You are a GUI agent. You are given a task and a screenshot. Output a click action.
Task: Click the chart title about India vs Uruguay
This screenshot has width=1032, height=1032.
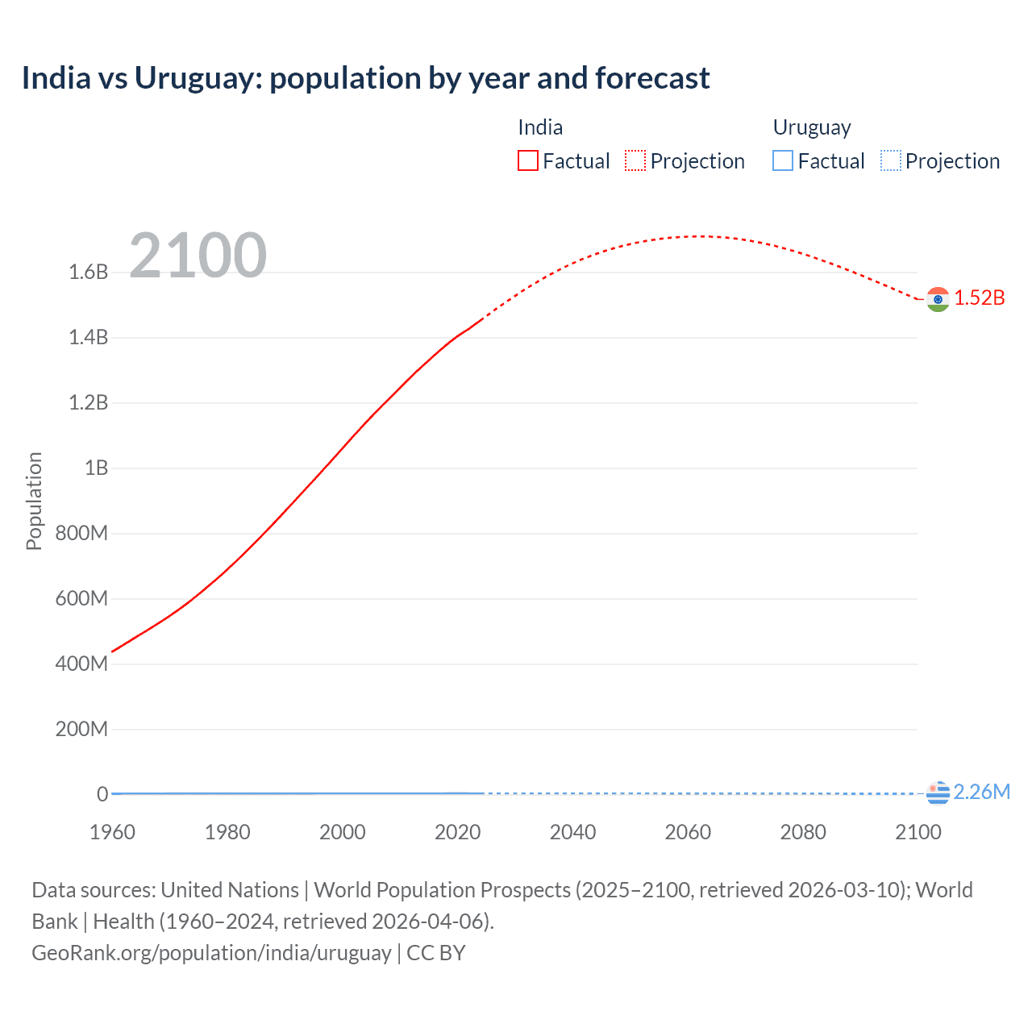click(365, 78)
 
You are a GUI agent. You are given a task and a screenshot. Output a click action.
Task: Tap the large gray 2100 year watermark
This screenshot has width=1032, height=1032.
click(198, 256)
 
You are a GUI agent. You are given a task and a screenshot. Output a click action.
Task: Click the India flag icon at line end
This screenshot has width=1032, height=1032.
click(938, 299)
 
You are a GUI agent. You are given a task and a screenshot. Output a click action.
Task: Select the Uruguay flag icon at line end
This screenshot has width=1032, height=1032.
click(938, 793)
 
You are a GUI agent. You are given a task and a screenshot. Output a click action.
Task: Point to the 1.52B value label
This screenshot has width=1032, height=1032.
click(980, 298)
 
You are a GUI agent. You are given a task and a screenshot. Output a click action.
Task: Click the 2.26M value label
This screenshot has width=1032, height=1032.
click(981, 792)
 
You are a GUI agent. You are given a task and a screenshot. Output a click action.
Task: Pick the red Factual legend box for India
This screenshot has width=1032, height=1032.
click(527, 161)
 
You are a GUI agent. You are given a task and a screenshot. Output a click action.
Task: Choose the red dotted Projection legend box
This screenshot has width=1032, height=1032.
click(635, 161)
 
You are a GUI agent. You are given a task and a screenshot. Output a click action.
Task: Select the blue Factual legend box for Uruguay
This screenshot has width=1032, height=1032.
click(783, 161)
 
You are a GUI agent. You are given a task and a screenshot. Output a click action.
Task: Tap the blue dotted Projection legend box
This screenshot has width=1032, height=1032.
click(890, 161)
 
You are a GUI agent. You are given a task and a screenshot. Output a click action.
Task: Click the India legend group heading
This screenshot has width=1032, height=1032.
click(540, 127)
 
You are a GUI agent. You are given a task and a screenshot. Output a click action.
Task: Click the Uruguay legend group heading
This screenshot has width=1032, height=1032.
click(812, 127)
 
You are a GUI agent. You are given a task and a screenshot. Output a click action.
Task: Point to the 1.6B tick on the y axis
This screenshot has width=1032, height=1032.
click(89, 272)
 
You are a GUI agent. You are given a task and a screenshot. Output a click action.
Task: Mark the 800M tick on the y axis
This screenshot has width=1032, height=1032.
click(81, 533)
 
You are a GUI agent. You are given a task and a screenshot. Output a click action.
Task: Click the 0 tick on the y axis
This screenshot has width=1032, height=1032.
click(102, 794)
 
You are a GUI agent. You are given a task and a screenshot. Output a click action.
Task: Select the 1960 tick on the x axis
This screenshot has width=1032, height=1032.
click(112, 832)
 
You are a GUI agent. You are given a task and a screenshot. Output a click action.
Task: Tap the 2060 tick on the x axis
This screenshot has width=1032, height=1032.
click(688, 832)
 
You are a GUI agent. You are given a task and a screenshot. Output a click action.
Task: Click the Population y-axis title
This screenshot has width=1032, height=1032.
click(34, 501)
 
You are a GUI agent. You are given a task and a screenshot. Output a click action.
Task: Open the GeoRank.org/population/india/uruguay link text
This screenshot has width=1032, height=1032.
click(211, 953)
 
